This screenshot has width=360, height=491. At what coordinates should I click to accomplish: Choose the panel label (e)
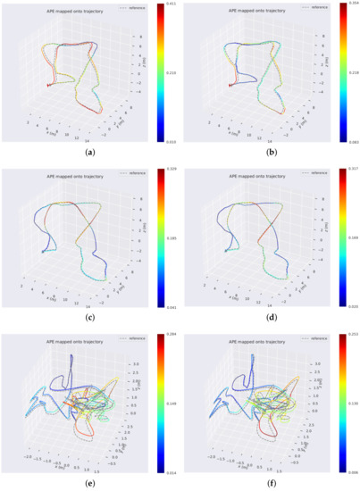[88, 484]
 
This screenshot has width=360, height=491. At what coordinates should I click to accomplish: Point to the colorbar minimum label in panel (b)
[352, 141]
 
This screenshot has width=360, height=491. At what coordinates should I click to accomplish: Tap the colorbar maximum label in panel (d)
[352, 170]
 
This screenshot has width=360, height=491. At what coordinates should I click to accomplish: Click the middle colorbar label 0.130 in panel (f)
[352, 404]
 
